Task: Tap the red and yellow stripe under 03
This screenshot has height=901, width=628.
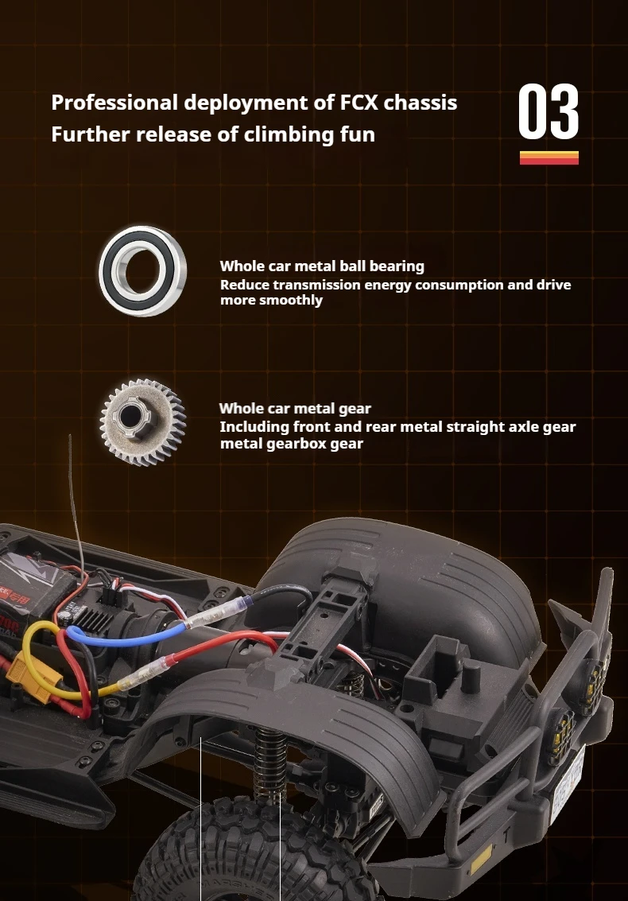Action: click(x=549, y=158)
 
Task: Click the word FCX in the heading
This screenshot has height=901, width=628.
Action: click(x=358, y=103)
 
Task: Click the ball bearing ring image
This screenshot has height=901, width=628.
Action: click(x=142, y=270)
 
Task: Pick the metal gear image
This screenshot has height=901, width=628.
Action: click(x=142, y=421)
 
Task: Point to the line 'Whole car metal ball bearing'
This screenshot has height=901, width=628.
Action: click(x=322, y=266)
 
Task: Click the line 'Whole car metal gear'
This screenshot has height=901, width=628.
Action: click(x=295, y=409)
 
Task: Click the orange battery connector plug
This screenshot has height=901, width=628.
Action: click(x=33, y=678)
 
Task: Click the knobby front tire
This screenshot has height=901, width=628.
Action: click(x=253, y=850)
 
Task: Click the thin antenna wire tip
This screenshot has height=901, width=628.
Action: click(x=69, y=436)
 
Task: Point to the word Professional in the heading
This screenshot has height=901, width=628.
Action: click(x=114, y=103)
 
